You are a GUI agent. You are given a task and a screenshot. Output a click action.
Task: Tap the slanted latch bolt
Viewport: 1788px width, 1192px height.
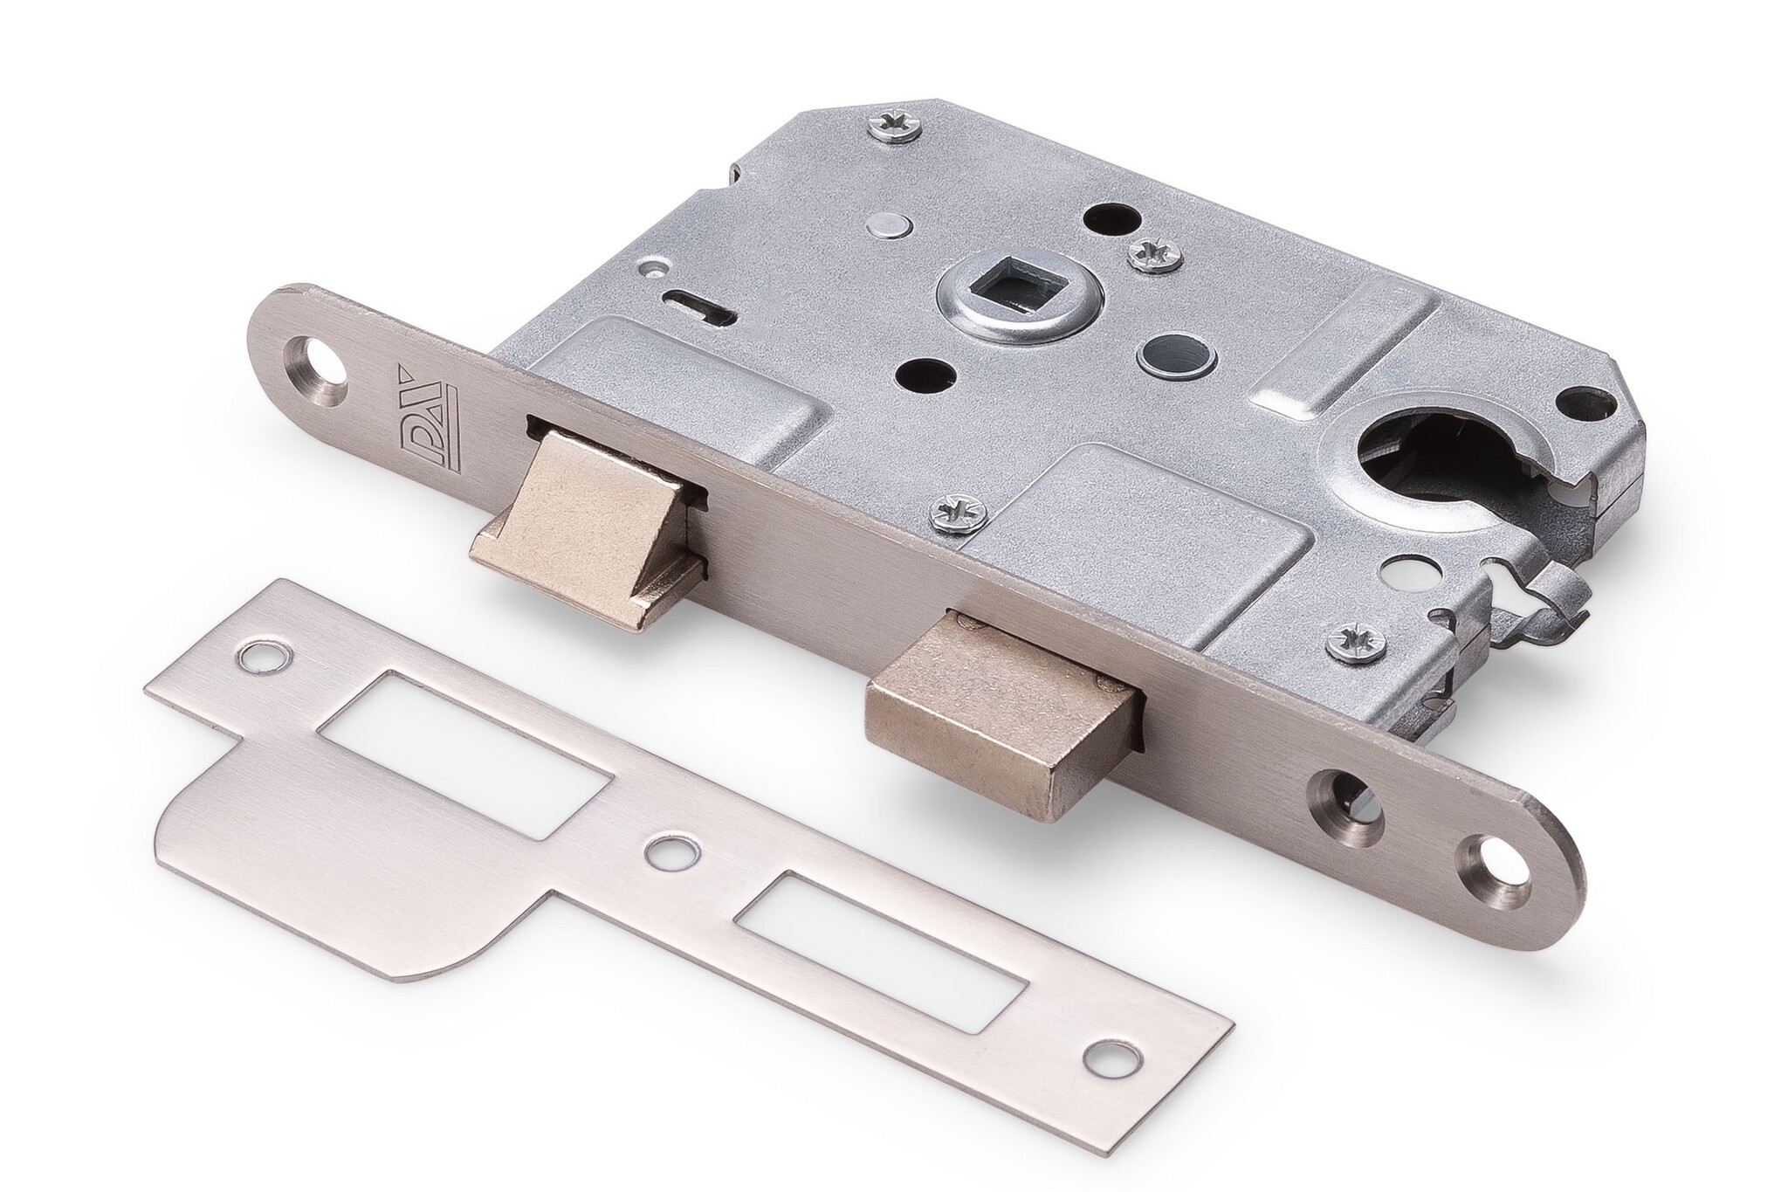(x=585, y=524)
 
